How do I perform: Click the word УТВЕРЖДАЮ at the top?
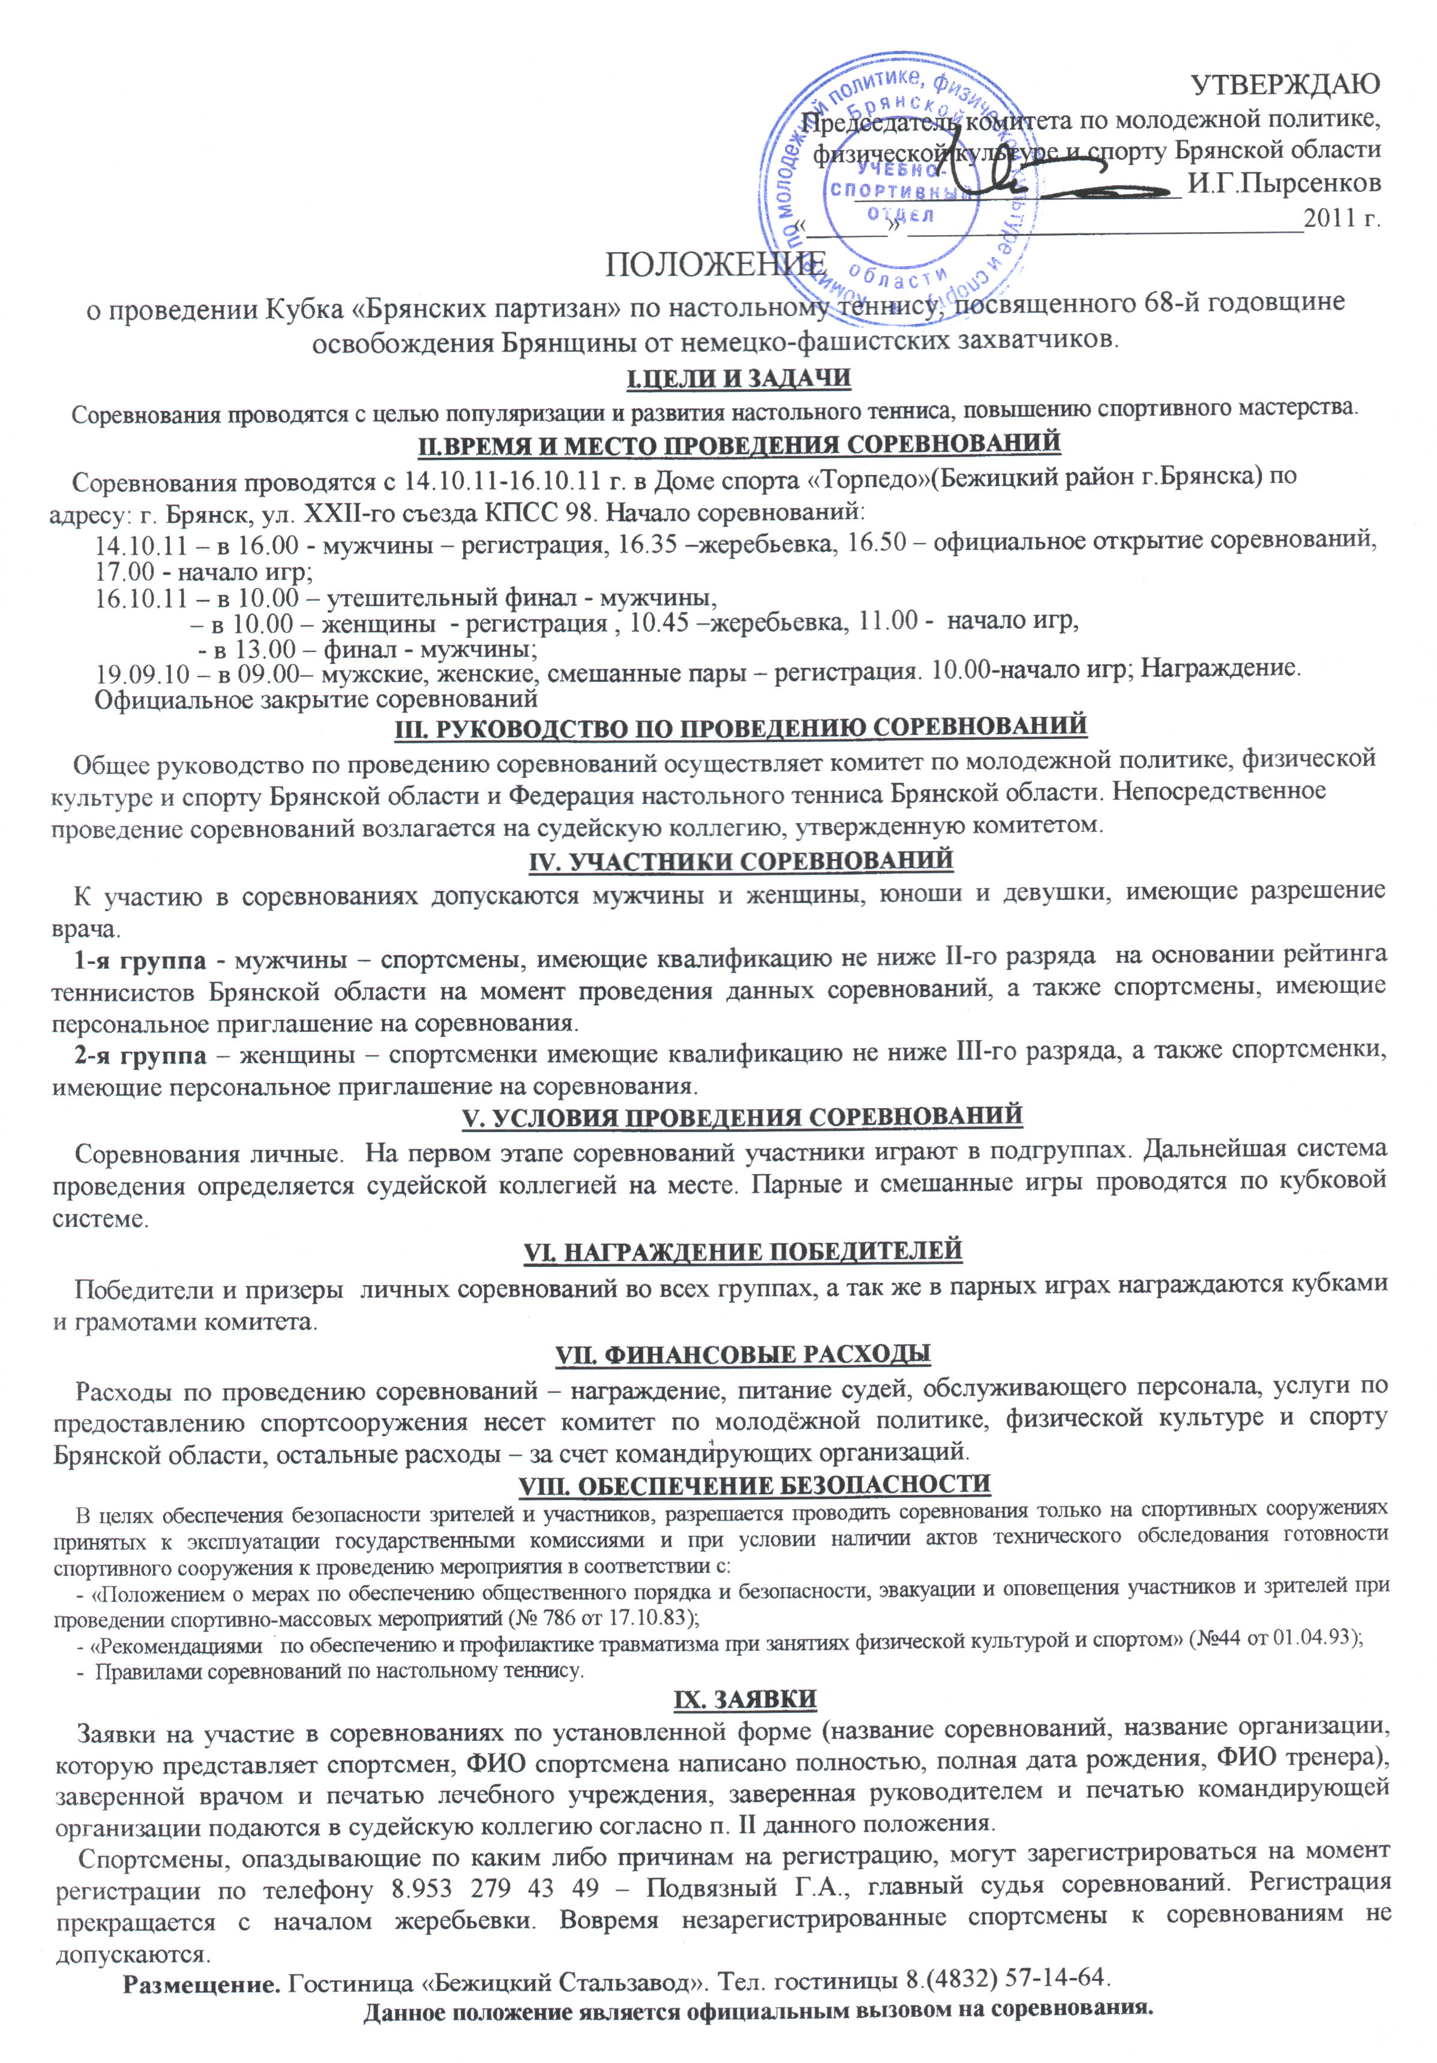1285,83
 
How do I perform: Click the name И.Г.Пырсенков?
1283,184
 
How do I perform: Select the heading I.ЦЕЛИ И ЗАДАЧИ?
737,379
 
